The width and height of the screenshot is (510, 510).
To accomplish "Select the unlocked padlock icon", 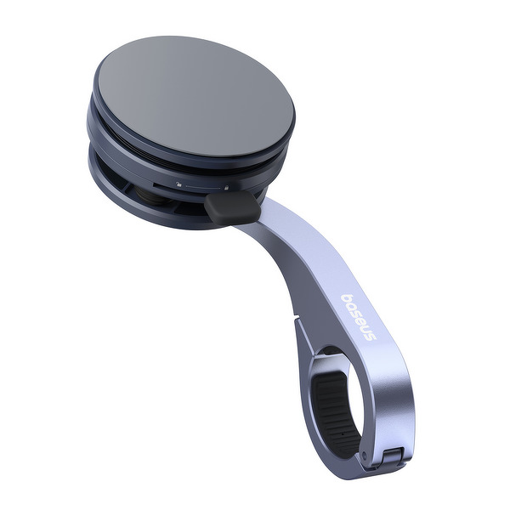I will pos(178,184).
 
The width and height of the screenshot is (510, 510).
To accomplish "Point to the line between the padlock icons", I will pos(202,187).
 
